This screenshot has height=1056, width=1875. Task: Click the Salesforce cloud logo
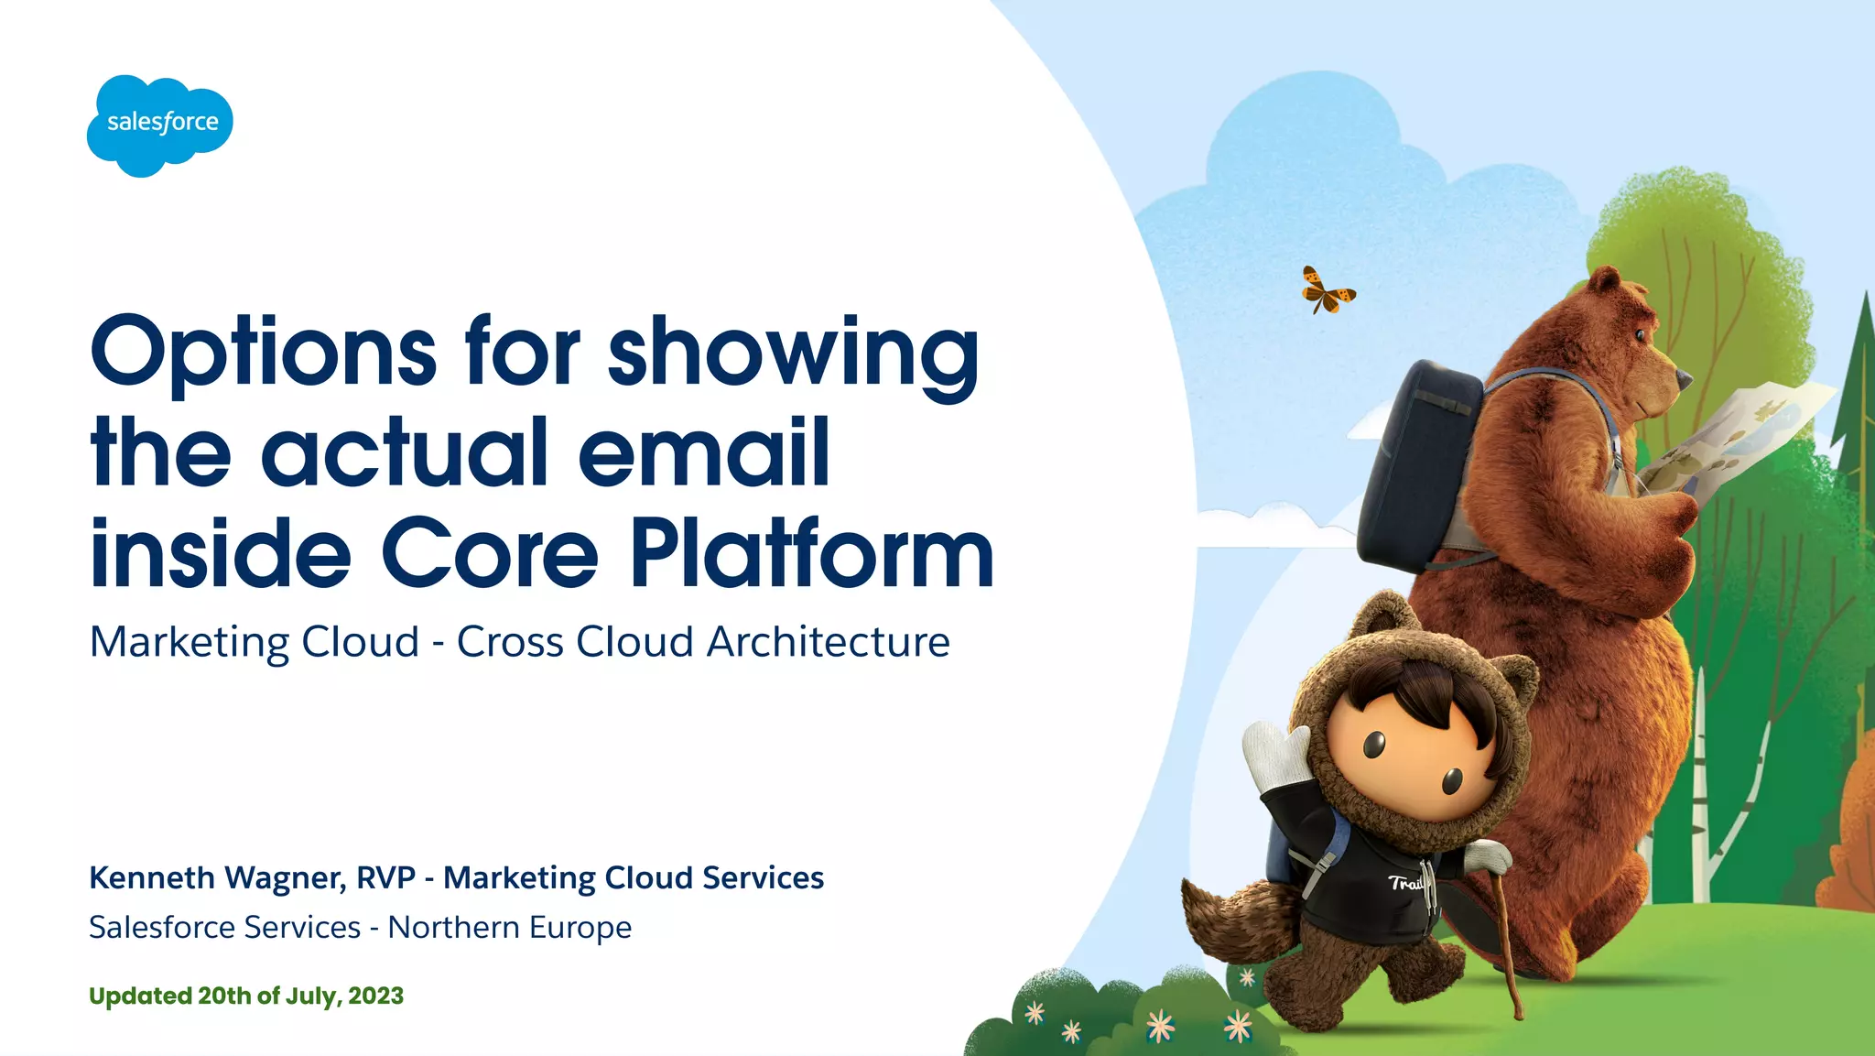point(160,125)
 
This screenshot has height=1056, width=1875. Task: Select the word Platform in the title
point(811,553)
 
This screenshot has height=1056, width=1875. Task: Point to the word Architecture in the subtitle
point(828,642)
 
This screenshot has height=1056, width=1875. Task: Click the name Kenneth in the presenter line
point(152,877)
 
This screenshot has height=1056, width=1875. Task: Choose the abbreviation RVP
point(385,877)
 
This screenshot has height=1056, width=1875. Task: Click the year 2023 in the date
point(375,996)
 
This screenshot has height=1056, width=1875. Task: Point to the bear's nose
point(1683,375)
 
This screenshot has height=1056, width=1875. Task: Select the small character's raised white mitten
point(1277,757)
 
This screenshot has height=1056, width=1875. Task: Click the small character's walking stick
point(1507,943)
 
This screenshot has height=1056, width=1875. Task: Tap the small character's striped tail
point(1227,916)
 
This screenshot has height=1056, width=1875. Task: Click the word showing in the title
point(793,354)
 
